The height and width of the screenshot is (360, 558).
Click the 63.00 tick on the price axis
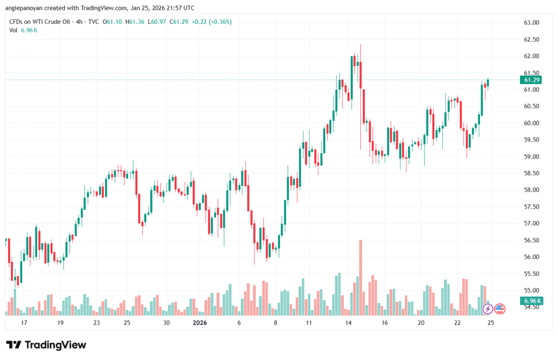pyautogui.click(x=531, y=23)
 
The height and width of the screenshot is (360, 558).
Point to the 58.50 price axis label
pyautogui.click(x=531, y=173)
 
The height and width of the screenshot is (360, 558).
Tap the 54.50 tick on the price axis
pyautogui.click(x=531, y=307)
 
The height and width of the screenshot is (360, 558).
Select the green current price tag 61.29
pyautogui.click(x=531, y=80)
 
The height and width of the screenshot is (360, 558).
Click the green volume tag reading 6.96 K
pyautogui.click(x=531, y=301)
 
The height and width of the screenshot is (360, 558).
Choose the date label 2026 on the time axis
pyautogui.click(x=200, y=323)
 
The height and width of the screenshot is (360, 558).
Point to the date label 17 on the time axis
pyautogui.click(x=24, y=323)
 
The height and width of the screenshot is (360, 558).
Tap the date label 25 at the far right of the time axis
pyautogui.click(x=490, y=323)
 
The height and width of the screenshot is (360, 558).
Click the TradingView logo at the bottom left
pyautogui.click(x=46, y=345)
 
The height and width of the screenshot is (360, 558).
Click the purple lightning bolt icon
pyautogui.click(x=488, y=309)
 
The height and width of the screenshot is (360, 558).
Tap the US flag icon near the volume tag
pyautogui.click(x=500, y=309)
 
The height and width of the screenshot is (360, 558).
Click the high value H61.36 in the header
pyautogui.click(x=135, y=22)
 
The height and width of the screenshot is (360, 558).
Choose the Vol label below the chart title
pyautogui.click(x=14, y=30)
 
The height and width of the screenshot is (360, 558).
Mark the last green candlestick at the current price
pyautogui.click(x=488, y=83)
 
